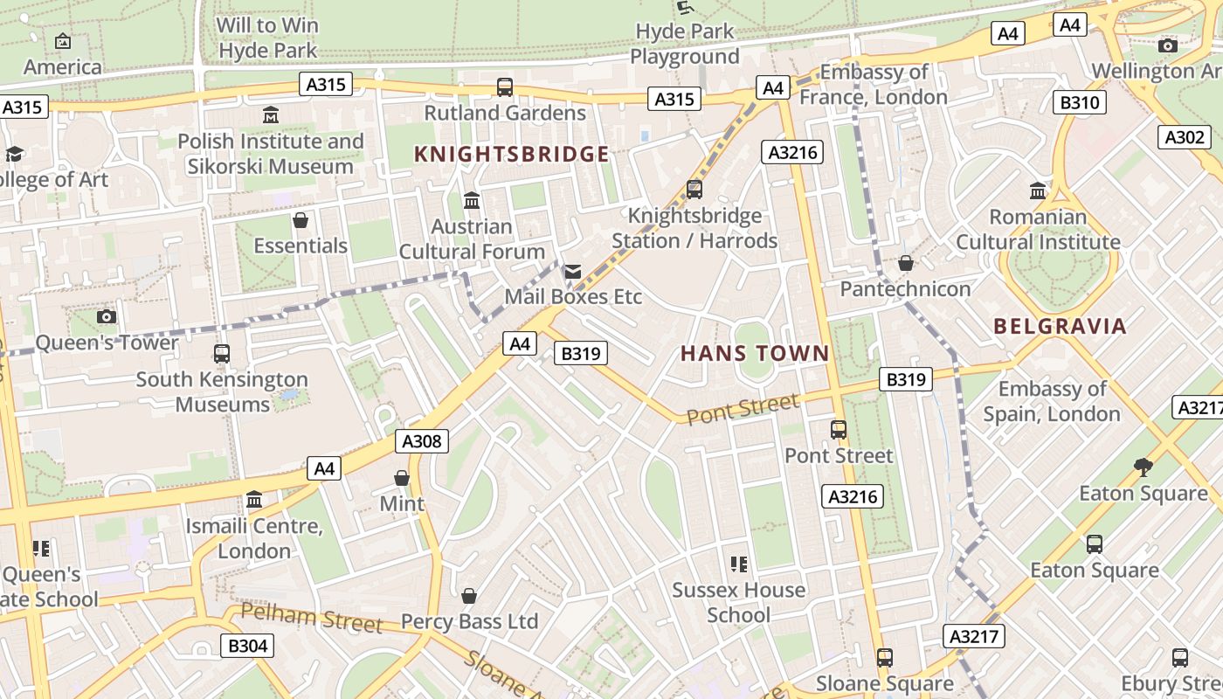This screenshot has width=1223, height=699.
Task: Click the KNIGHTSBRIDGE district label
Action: (x=511, y=155)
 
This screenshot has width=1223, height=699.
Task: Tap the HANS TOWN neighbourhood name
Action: (x=755, y=354)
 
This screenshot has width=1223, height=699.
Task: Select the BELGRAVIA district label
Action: (x=1060, y=327)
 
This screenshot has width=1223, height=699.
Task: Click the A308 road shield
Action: (x=423, y=441)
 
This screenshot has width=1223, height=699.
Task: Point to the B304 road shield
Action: (x=246, y=646)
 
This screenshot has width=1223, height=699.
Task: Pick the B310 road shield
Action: (x=1079, y=102)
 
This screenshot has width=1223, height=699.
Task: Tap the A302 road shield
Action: (x=1185, y=137)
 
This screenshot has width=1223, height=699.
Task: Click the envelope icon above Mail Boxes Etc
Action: (x=573, y=272)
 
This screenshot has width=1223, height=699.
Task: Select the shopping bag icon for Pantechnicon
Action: (x=906, y=263)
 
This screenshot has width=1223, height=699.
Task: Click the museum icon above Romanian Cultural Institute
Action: (x=1038, y=190)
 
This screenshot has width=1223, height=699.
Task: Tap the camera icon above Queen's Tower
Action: (x=107, y=316)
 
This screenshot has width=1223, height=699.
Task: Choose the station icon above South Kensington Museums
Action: (x=222, y=354)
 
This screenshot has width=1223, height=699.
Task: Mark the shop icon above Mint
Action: (x=402, y=478)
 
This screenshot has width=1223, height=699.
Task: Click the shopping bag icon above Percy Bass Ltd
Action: (x=469, y=596)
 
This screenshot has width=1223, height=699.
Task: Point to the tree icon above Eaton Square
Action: (x=1143, y=467)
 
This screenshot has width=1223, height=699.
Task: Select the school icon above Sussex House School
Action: (x=739, y=564)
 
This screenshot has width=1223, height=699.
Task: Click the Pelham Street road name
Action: (x=311, y=617)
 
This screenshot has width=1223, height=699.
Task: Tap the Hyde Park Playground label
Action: (x=685, y=44)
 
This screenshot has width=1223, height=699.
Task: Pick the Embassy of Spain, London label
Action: (x=1052, y=401)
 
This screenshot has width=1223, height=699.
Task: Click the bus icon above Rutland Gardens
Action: (x=505, y=87)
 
